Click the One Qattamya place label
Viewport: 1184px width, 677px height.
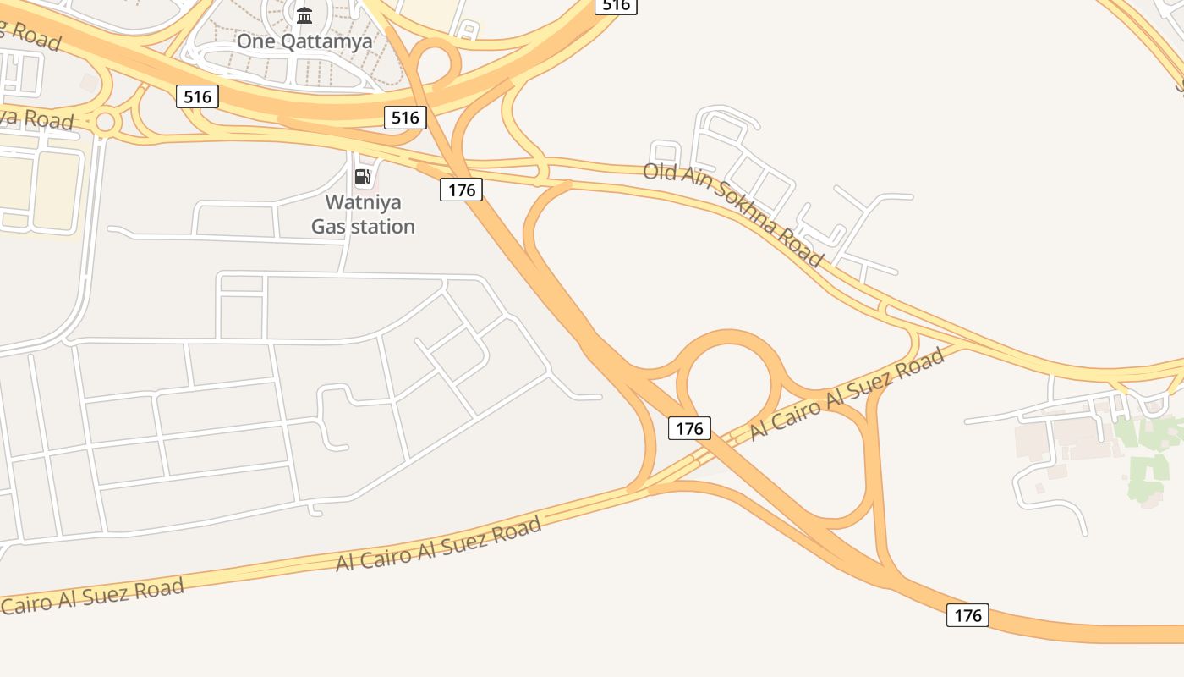click(x=304, y=41)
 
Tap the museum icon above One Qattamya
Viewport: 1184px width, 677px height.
click(x=304, y=15)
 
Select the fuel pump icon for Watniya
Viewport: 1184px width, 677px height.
click(x=363, y=177)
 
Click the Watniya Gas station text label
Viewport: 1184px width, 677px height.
click(x=363, y=214)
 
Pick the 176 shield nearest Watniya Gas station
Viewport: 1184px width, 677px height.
click(x=461, y=190)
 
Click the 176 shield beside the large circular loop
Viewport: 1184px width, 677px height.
click(x=689, y=428)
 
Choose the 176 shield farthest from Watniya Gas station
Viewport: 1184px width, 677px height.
click(x=967, y=615)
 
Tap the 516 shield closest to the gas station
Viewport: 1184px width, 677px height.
click(x=405, y=118)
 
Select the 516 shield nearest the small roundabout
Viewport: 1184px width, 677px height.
click(x=197, y=96)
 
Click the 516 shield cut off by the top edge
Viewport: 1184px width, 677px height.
click(x=616, y=5)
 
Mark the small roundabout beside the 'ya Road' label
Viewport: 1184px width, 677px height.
click(x=105, y=122)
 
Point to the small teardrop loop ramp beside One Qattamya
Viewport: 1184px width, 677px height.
click(x=436, y=61)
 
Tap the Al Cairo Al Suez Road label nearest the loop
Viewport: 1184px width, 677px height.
click(x=847, y=394)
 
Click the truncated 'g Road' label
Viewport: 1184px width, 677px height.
click(x=30, y=35)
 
